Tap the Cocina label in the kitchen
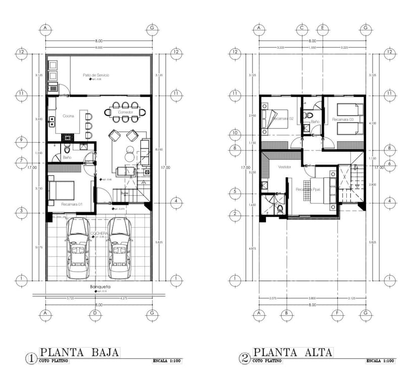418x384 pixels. click(x=68, y=116)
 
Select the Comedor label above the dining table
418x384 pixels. click(x=125, y=112)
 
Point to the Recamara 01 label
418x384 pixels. click(x=72, y=204)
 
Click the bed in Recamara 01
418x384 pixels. click(x=62, y=190)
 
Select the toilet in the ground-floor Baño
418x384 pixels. click(x=67, y=149)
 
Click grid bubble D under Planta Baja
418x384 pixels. click(x=94, y=313)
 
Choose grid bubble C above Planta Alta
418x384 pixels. click(x=302, y=28)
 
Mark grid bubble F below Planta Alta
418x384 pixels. click(x=336, y=313)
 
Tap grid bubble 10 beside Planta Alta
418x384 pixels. click(x=235, y=134)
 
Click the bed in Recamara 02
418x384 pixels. click(x=273, y=120)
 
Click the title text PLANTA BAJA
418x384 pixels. click(x=79, y=352)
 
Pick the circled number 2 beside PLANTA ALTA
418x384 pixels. click(x=244, y=358)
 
